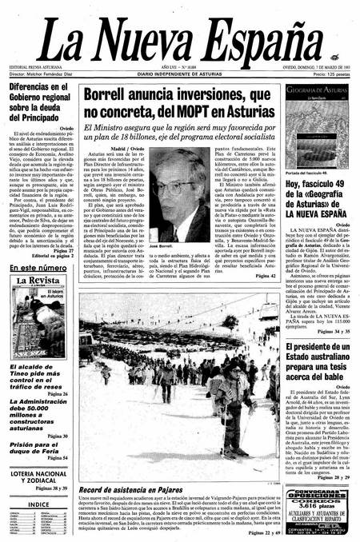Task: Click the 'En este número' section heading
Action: coord(38,267)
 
